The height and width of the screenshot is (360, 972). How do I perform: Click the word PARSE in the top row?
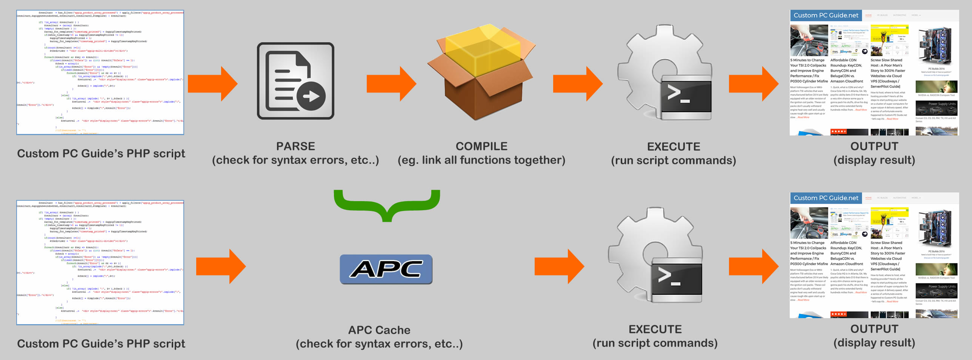(295, 146)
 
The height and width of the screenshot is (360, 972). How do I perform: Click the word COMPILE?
(481, 146)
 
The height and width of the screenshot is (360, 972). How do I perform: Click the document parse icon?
(295, 81)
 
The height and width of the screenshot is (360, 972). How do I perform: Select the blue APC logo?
(386, 269)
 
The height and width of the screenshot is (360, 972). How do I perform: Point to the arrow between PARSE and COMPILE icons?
(391, 84)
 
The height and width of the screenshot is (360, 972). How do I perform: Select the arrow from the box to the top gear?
(577, 84)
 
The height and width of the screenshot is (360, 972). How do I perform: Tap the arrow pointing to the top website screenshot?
(753, 84)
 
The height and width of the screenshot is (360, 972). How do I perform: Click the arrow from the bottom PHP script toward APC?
(220, 266)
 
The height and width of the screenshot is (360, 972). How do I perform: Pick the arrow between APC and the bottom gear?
(559, 266)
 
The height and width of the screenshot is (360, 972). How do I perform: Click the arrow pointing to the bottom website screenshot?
(753, 266)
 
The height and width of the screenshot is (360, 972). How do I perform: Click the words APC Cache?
(379, 330)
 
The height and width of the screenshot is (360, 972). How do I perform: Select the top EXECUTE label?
(674, 146)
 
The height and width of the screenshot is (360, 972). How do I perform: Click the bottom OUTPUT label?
(874, 329)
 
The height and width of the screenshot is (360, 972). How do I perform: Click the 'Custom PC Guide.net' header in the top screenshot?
(826, 15)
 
